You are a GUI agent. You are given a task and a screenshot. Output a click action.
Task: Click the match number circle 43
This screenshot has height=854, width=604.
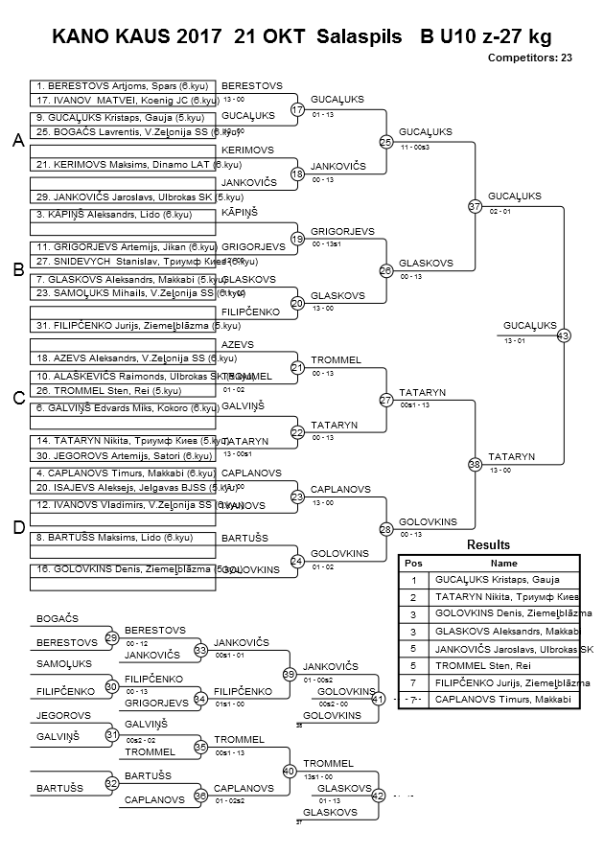(563, 335)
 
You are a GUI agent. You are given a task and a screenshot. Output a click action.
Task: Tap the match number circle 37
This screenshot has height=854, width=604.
(475, 206)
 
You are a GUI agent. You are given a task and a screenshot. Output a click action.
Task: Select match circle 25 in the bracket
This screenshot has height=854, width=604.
(385, 142)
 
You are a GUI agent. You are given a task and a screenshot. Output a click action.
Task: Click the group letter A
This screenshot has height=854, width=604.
(17, 141)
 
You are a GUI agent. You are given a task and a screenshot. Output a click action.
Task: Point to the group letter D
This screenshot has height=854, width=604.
(17, 527)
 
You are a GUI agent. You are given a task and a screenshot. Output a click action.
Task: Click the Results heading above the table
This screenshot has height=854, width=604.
(488, 545)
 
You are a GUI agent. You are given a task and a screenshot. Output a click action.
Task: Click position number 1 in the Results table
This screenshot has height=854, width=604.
(413, 580)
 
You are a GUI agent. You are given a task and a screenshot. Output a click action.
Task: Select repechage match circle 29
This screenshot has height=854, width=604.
(111, 637)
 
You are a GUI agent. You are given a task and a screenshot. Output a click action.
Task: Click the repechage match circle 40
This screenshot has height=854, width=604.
(289, 771)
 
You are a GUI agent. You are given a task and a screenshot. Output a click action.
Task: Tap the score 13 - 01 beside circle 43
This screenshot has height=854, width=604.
(514, 341)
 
